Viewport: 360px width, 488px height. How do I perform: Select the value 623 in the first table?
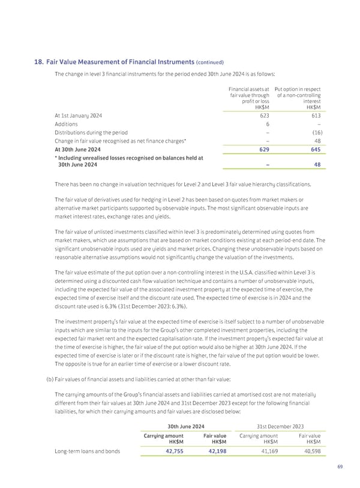point(254,115)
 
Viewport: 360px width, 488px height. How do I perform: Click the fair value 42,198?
point(213,451)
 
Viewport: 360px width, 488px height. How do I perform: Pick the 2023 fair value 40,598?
point(308,451)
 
